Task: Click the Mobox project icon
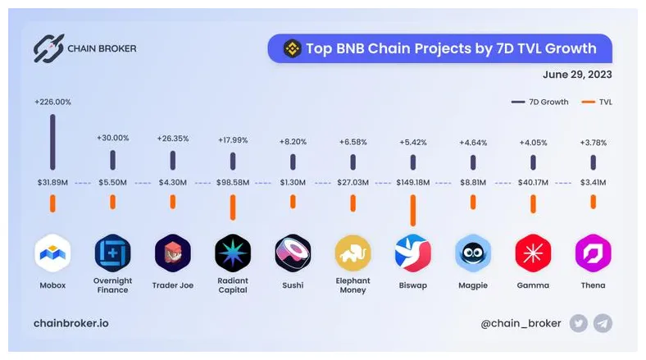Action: click(x=52, y=253)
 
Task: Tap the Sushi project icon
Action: click(x=293, y=253)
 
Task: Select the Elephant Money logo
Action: click(x=353, y=253)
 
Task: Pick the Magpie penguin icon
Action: click(x=472, y=253)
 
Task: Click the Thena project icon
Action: click(x=592, y=253)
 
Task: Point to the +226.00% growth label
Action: click(x=52, y=103)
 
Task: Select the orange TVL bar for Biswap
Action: click(x=412, y=210)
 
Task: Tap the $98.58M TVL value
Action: click(x=233, y=182)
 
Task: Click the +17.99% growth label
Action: click(x=233, y=140)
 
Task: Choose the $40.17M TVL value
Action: click(x=532, y=182)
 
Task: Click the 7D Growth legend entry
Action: click(x=541, y=102)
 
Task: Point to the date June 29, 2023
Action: click(x=576, y=75)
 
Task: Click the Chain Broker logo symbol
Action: click(x=48, y=48)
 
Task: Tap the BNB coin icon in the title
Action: click(x=292, y=48)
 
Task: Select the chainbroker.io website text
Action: click(x=71, y=323)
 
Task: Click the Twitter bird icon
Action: click(x=578, y=323)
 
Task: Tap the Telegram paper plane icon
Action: click(x=602, y=323)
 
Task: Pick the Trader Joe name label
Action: click(x=173, y=285)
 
